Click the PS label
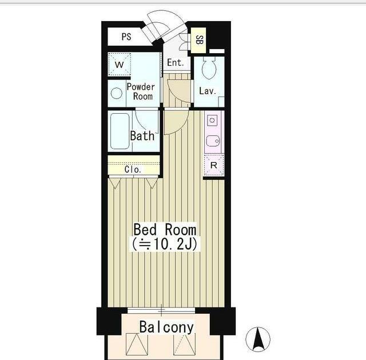click(126, 37)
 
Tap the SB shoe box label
click(199, 40)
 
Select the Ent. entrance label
click(176, 62)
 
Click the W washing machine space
click(120, 65)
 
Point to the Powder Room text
click(141, 91)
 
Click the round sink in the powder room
click(117, 93)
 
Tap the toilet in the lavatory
click(209, 67)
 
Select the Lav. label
click(208, 91)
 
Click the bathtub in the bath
click(120, 131)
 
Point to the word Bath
click(142, 135)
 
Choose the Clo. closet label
click(133, 170)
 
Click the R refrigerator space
click(214, 165)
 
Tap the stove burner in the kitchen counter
click(212, 121)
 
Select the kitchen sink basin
click(213, 141)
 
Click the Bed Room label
click(165, 230)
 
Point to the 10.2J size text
click(165, 244)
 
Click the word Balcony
click(166, 327)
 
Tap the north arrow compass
click(258, 339)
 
